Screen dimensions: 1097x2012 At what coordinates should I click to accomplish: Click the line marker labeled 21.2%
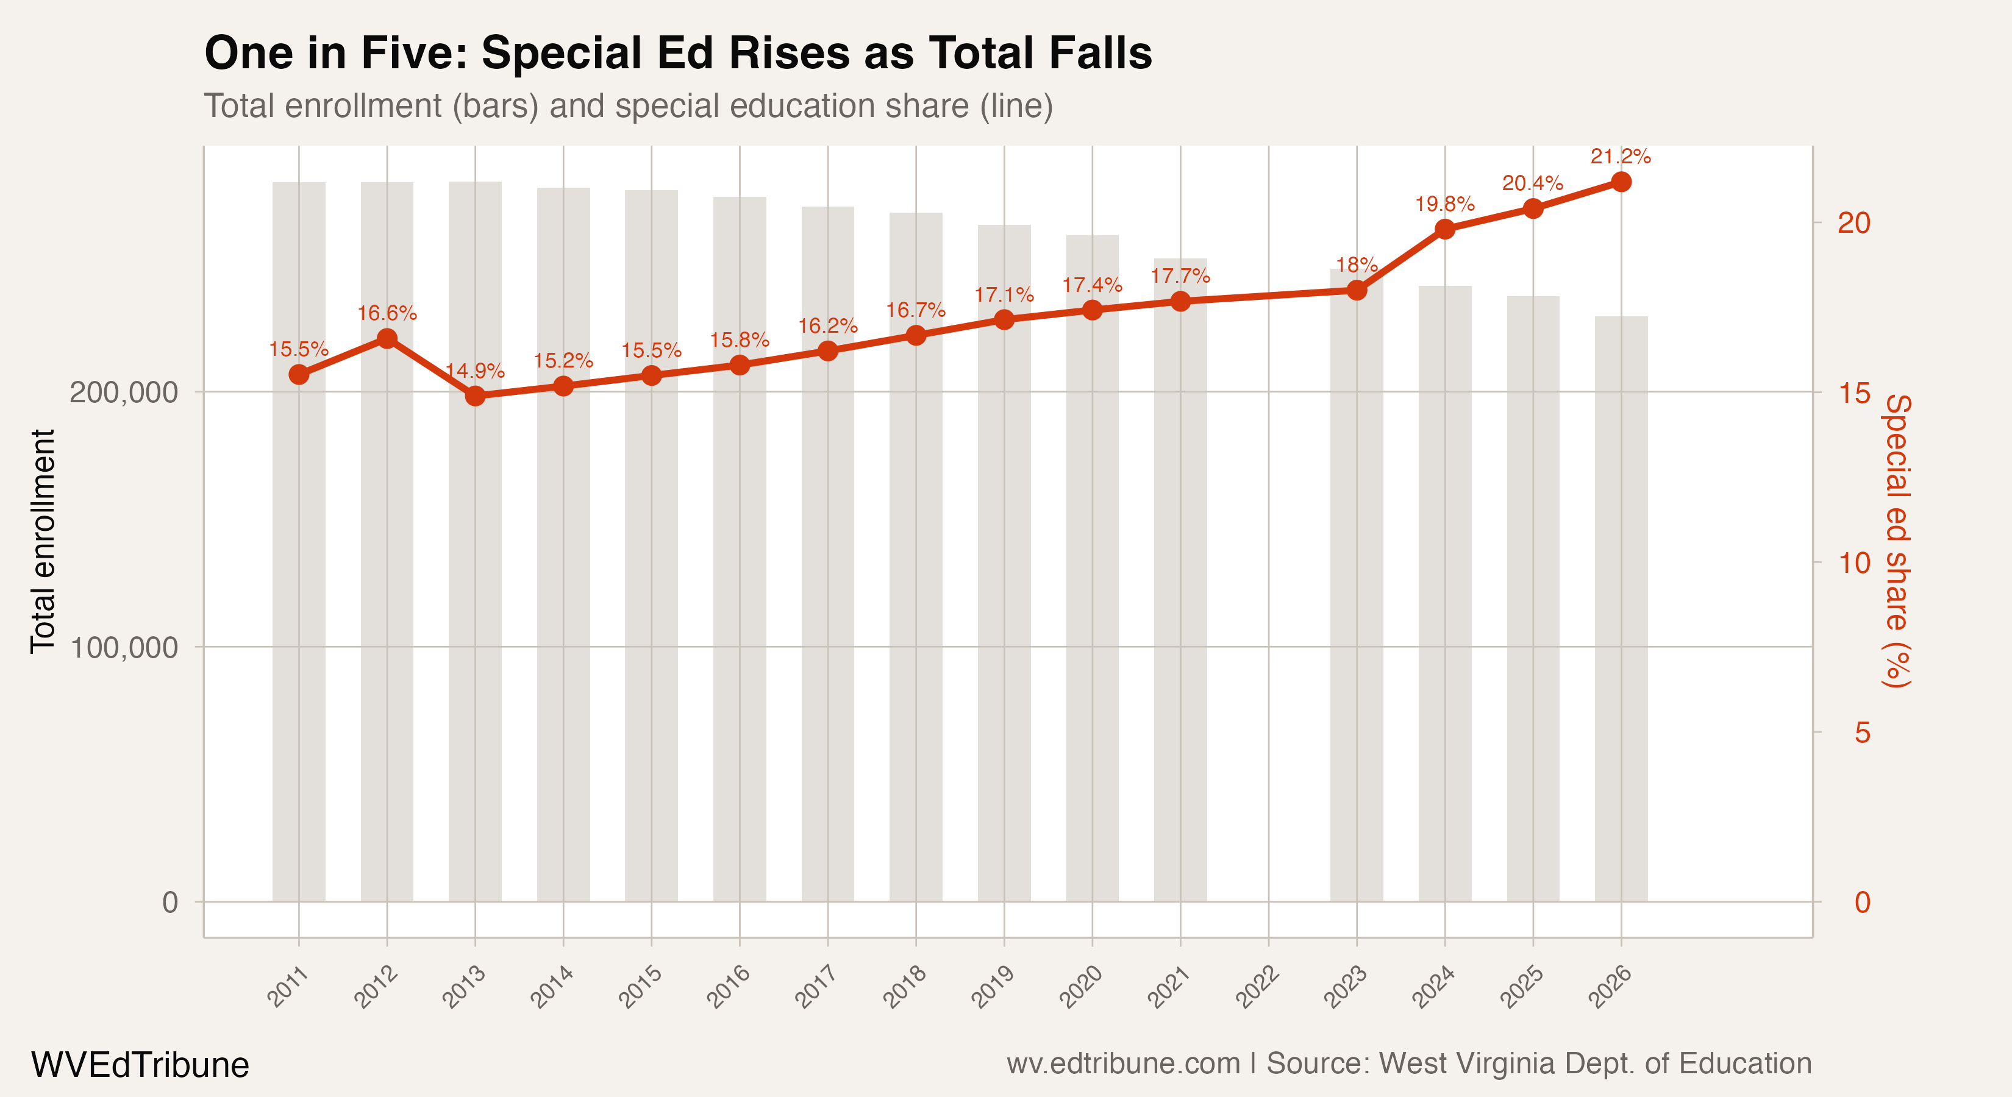[1621, 182]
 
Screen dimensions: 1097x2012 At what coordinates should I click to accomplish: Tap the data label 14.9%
[475, 371]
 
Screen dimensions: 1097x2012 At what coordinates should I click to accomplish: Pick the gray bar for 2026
[1621, 625]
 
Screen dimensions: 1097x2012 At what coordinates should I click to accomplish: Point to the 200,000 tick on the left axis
[124, 392]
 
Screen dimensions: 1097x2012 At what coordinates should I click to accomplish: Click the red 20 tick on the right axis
[1853, 222]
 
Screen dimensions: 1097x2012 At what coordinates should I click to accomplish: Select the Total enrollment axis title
[43, 541]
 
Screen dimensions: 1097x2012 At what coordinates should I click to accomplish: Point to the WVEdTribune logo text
[140, 1065]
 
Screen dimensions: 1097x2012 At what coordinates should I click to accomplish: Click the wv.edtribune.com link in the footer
[1122, 1063]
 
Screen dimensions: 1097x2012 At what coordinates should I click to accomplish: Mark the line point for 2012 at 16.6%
[387, 338]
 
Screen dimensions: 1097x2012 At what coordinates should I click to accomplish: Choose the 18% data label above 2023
[1356, 266]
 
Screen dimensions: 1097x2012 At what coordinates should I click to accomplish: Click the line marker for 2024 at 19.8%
[1444, 229]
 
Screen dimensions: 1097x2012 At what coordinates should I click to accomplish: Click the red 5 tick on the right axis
[1862, 733]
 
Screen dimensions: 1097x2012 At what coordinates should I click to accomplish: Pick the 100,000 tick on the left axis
[124, 647]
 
